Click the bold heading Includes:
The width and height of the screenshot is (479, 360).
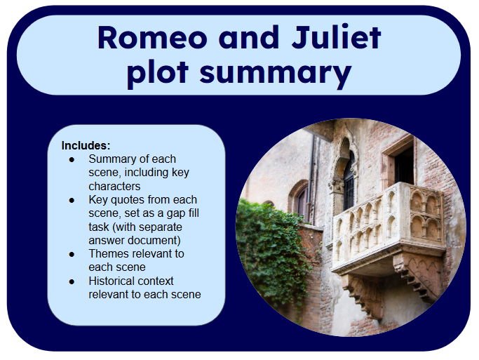point(86,146)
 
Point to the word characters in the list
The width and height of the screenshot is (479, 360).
point(114,186)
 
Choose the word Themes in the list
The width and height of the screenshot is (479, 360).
point(108,253)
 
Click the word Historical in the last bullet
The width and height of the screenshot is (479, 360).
point(114,281)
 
